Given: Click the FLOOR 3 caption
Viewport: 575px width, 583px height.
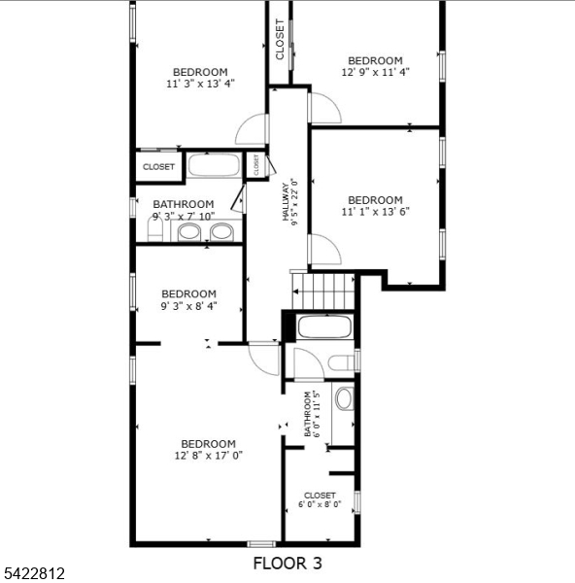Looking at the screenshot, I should pyautogui.click(x=287, y=563).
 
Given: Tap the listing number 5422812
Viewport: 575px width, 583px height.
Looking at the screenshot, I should pyautogui.click(x=33, y=574).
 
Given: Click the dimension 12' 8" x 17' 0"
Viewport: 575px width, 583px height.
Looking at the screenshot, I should pyautogui.click(x=208, y=455).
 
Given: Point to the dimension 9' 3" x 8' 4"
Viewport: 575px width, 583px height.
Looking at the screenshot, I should pyautogui.click(x=188, y=305).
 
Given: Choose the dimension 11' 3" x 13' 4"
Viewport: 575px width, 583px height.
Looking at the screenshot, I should pyautogui.click(x=200, y=84).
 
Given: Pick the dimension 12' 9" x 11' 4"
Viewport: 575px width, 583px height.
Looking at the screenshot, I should pyautogui.click(x=375, y=72).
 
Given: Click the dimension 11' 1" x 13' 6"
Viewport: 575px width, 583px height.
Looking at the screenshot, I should pyautogui.click(x=375, y=212).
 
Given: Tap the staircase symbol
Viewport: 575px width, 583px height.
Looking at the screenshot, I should pyautogui.click(x=324, y=289).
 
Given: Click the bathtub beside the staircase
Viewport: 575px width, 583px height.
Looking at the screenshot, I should pyautogui.click(x=324, y=326).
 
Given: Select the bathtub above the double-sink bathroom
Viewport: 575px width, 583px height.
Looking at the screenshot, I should pyautogui.click(x=214, y=165).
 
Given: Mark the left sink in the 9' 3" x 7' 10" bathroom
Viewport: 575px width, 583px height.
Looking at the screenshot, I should pyautogui.click(x=189, y=231).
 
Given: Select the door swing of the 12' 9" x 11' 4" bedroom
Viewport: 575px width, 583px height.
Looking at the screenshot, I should pyautogui.click(x=324, y=108).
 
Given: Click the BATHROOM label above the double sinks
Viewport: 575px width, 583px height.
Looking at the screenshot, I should pyautogui.click(x=184, y=204).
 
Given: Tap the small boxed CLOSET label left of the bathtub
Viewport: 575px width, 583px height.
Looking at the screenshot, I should pyautogui.click(x=158, y=167).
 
